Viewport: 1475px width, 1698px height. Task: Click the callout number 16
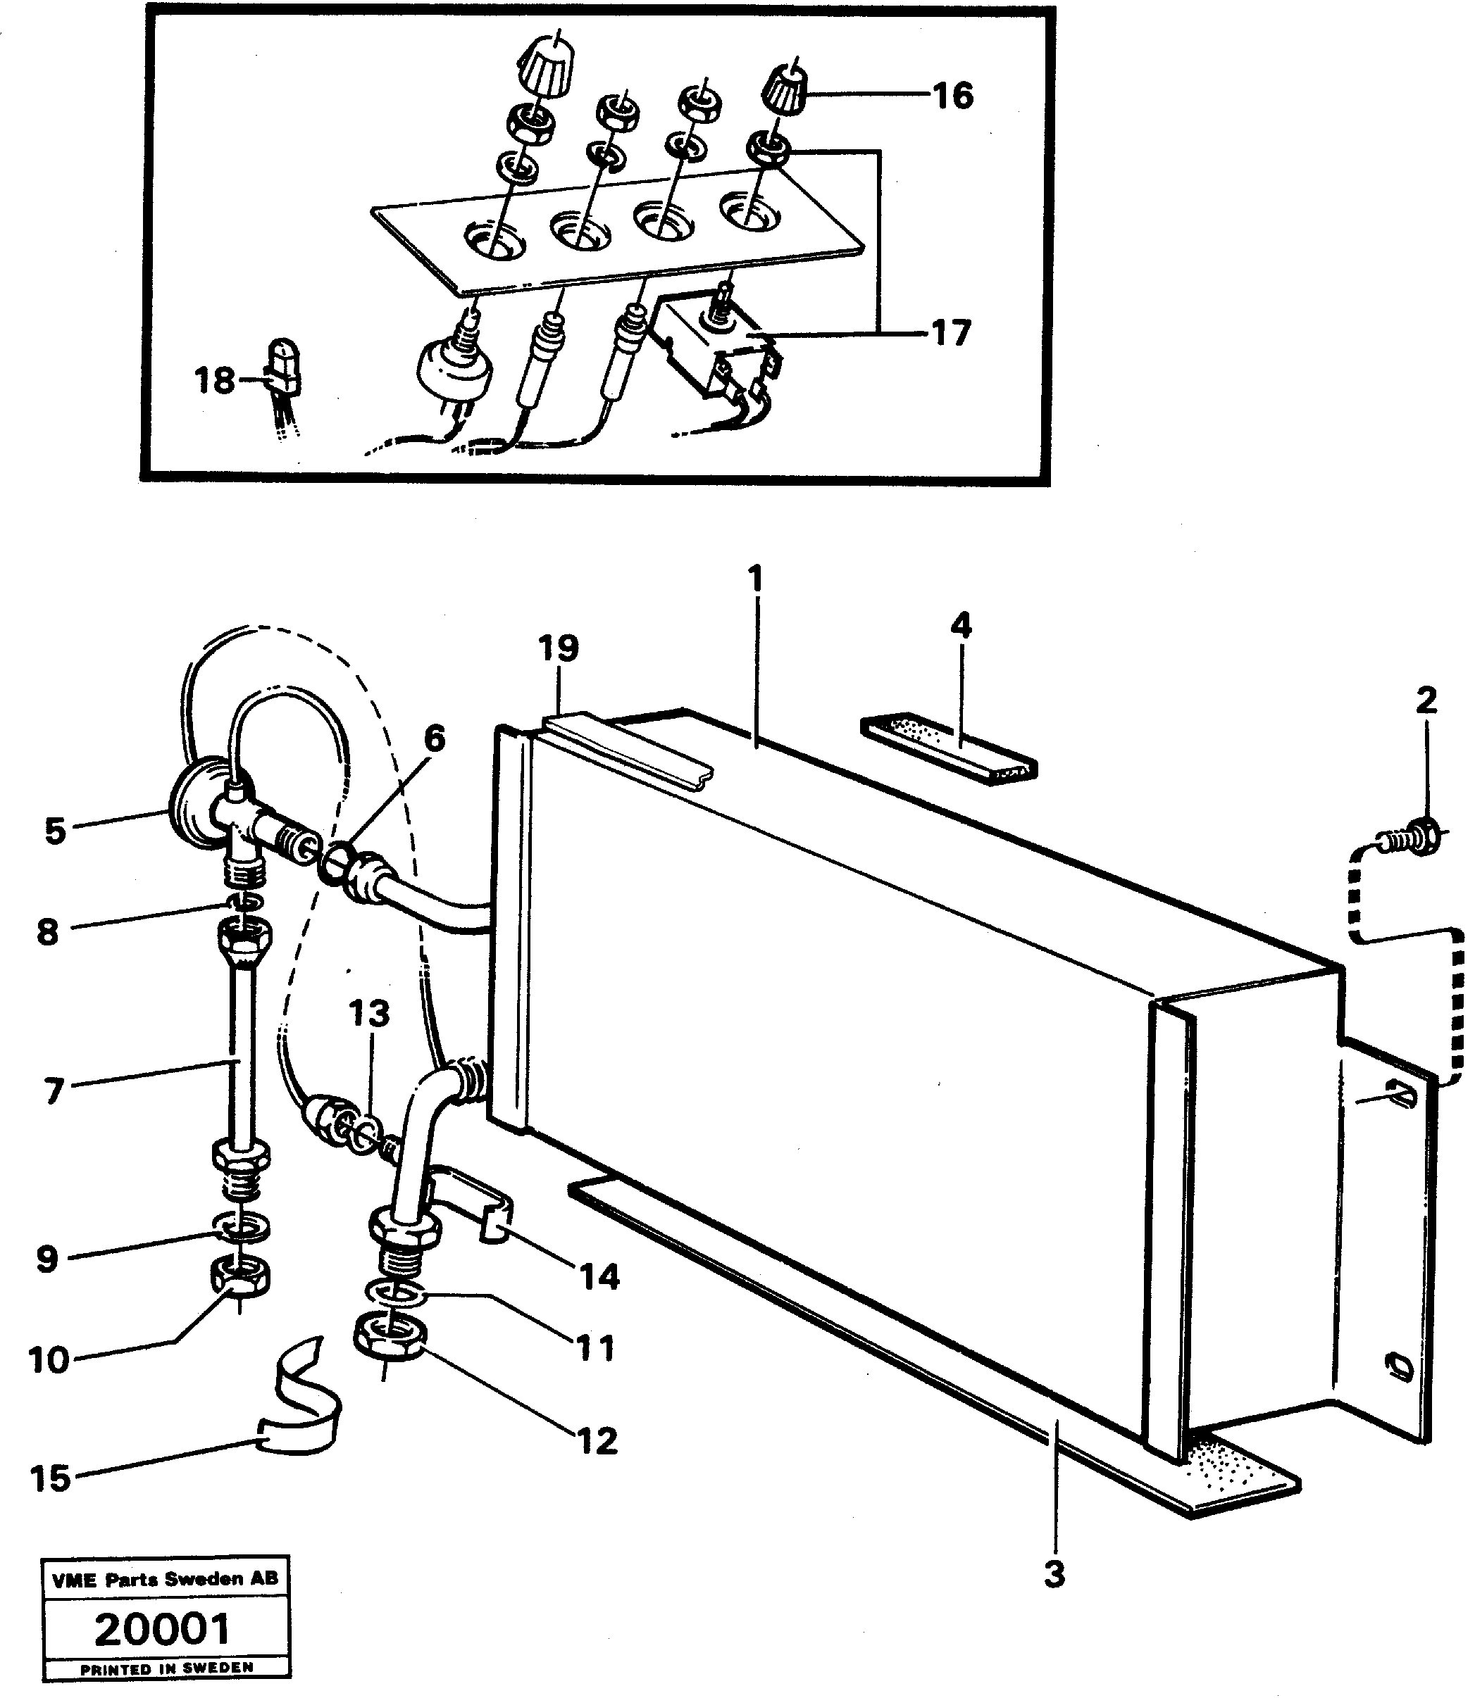tap(953, 96)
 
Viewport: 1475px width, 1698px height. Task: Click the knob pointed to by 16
tap(788, 87)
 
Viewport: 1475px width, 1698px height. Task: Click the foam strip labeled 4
tap(948, 748)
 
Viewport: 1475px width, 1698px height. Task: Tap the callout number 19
tap(559, 648)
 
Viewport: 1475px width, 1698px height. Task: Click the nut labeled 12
tap(390, 1340)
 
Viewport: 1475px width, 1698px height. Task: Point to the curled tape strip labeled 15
tap(301, 1397)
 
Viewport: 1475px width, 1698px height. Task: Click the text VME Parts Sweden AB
tap(165, 1579)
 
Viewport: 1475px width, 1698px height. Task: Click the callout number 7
tap(54, 1091)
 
